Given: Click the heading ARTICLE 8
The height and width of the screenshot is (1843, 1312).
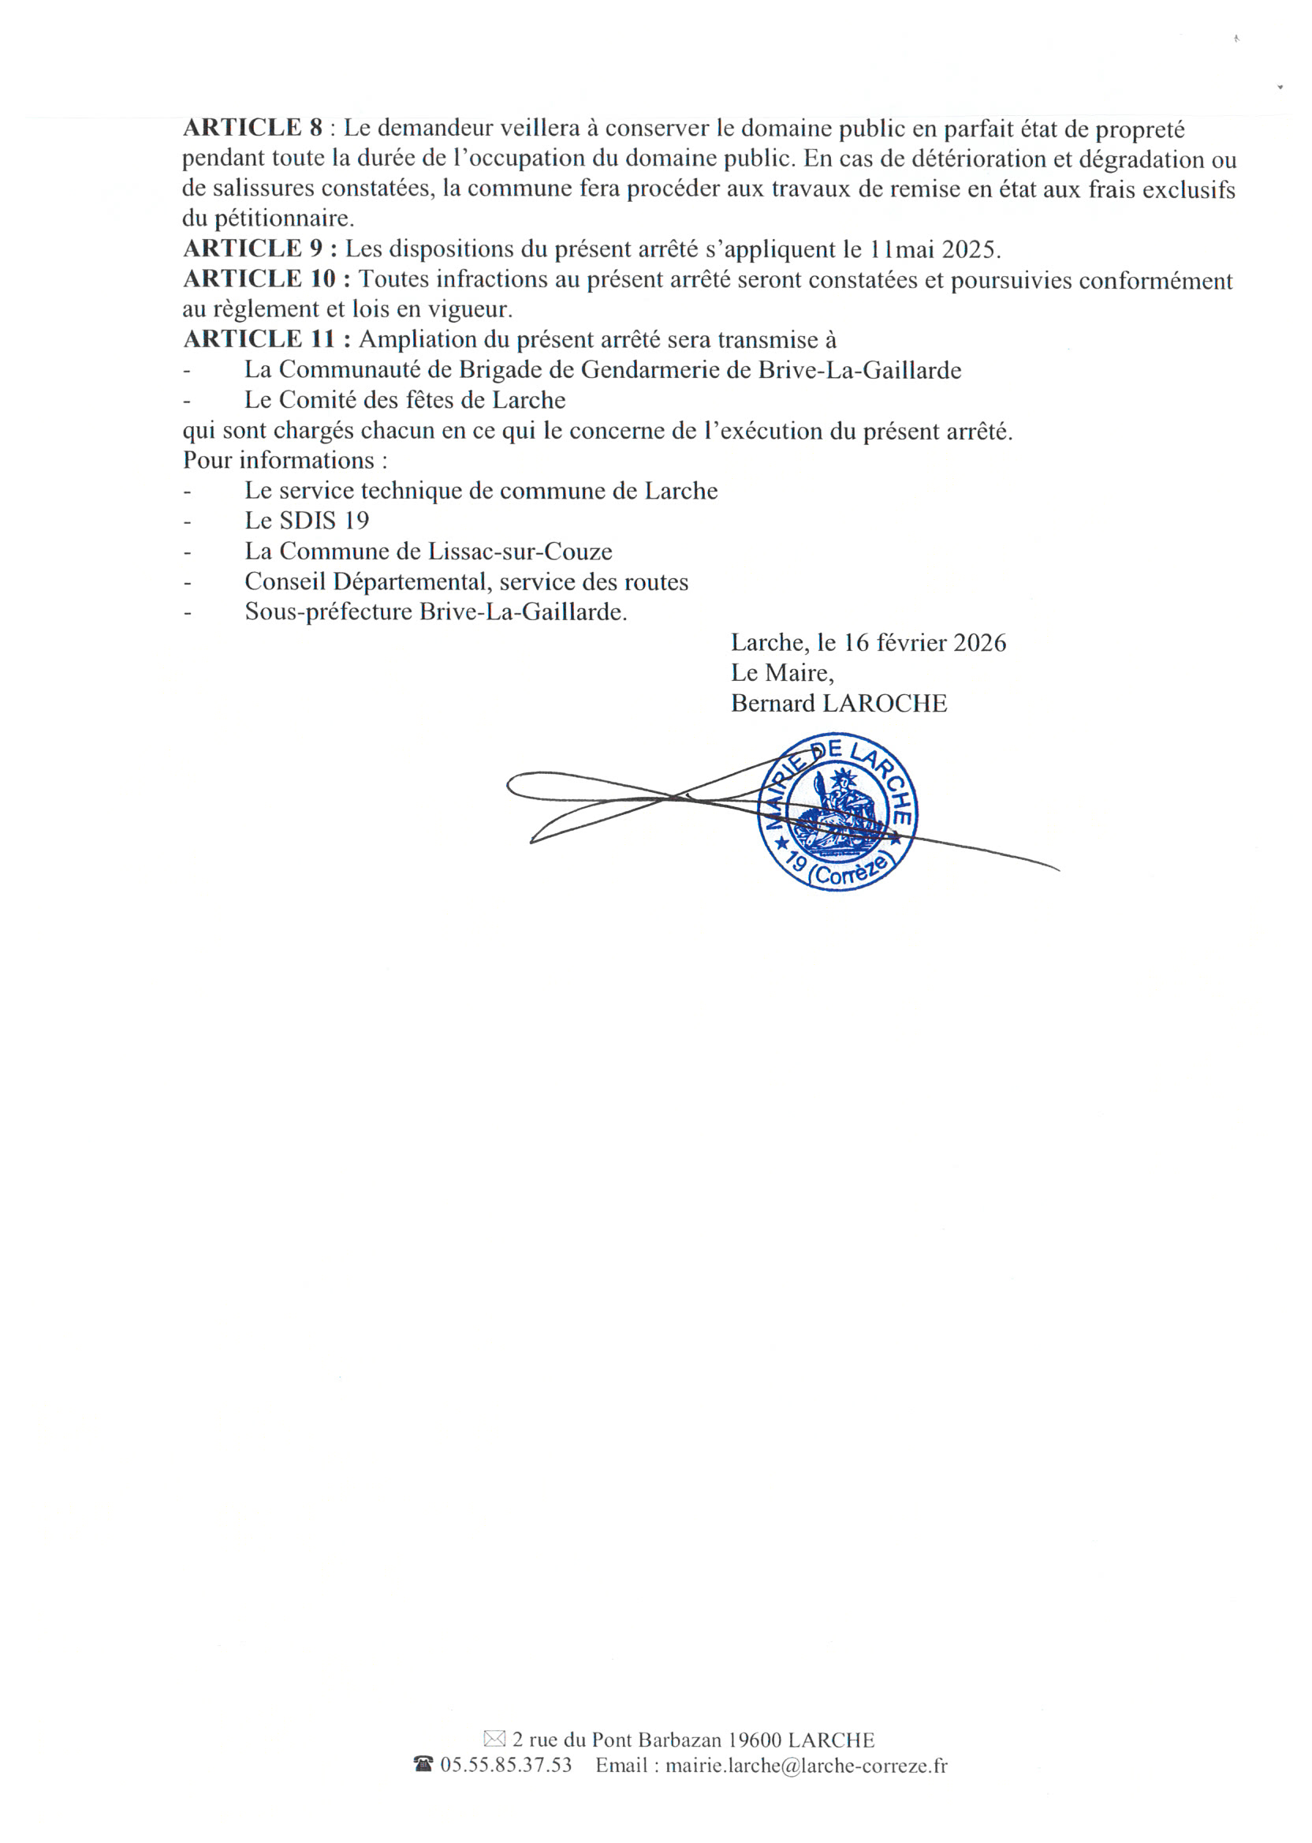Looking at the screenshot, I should pyautogui.click(x=252, y=128).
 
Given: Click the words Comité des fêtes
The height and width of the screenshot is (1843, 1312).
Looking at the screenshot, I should pyautogui.click(x=368, y=400).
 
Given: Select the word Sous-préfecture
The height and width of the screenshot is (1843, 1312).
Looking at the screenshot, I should pyautogui.click(x=328, y=612).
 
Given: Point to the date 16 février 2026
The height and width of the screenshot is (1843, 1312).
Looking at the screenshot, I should pyautogui.click(x=925, y=644).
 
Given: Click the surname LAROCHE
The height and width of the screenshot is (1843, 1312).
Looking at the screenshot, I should pyautogui.click(x=884, y=704).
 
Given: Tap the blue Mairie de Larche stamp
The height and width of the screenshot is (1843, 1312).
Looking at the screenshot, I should pyautogui.click(x=837, y=813).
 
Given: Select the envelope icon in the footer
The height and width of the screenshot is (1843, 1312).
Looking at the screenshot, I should pyautogui.click(x=494, y=1740).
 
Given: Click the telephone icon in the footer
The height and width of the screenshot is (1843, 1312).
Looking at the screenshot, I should pyautogui.click(x=423, y=1766).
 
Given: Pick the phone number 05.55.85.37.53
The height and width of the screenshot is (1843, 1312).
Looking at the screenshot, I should pyautogui.click(x=505, y=1766).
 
